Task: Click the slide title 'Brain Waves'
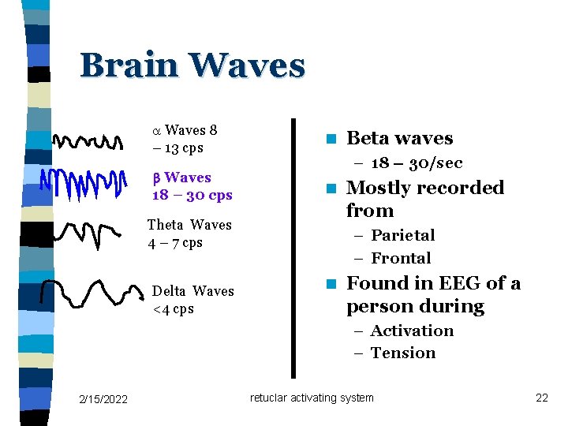[192, 65]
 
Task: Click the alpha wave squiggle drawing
[88, 142]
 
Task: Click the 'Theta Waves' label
[189, 225]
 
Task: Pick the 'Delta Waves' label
[192, 291]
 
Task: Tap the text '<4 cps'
[173, 308]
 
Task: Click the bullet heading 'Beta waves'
[399, 139]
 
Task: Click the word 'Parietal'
[402, 235]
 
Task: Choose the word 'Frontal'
[401, 258]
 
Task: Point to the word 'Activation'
[412, 331]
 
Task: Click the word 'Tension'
[402, 353]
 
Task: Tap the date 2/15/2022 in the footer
[103, 398]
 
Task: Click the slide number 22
[541, 398]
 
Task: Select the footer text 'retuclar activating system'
[312, 398]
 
